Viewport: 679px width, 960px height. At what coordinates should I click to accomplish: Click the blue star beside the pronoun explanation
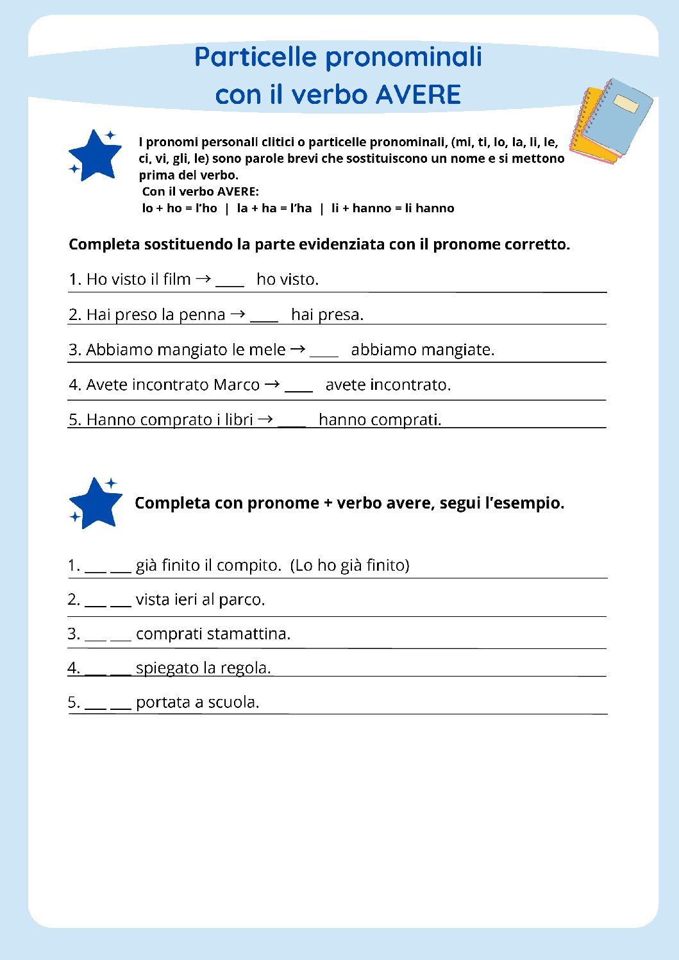point(95,155)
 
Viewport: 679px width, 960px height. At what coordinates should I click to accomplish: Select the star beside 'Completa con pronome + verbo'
point(96,503)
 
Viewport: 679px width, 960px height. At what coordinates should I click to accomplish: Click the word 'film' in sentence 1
point(176,280)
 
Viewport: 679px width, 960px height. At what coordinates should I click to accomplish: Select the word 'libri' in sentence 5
point(239,419)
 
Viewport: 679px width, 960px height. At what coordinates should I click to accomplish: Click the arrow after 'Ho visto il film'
point(203,279)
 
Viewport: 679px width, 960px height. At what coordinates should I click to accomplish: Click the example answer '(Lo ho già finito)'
point(349,565)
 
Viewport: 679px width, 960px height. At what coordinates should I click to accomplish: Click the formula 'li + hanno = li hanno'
point(392,208)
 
